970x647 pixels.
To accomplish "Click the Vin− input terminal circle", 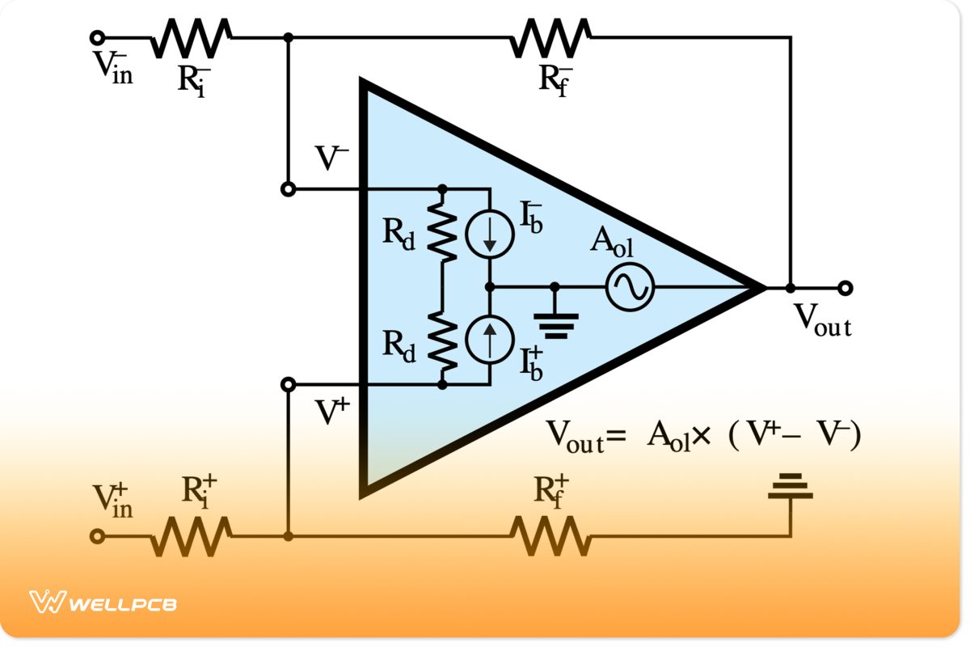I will coord(97,37).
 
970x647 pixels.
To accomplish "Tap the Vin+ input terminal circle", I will coord(97,536).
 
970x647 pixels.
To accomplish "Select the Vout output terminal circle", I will coord(846,287).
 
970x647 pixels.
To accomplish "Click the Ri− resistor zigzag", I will coord(191,37).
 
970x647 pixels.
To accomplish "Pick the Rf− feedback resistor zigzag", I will coord(550,37).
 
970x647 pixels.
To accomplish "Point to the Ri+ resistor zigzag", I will coord(191,536).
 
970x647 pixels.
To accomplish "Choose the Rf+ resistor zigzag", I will coord(550,536).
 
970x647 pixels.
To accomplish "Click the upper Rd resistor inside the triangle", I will coord(442,229).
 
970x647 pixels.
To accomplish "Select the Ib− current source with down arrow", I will coord(489,235).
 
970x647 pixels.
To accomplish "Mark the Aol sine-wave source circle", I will coord(630,287).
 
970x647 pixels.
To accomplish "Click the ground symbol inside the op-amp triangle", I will coord(556,323).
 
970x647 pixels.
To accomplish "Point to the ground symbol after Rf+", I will coord(790,487).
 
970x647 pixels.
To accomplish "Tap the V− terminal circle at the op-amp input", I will coord(287,189).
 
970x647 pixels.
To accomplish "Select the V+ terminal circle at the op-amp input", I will coord(287,384).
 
